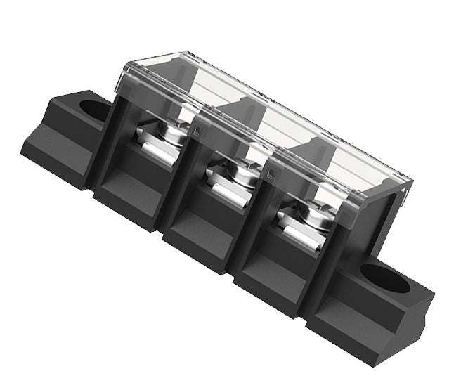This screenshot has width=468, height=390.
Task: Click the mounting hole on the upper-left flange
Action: [x=91, y=109]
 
